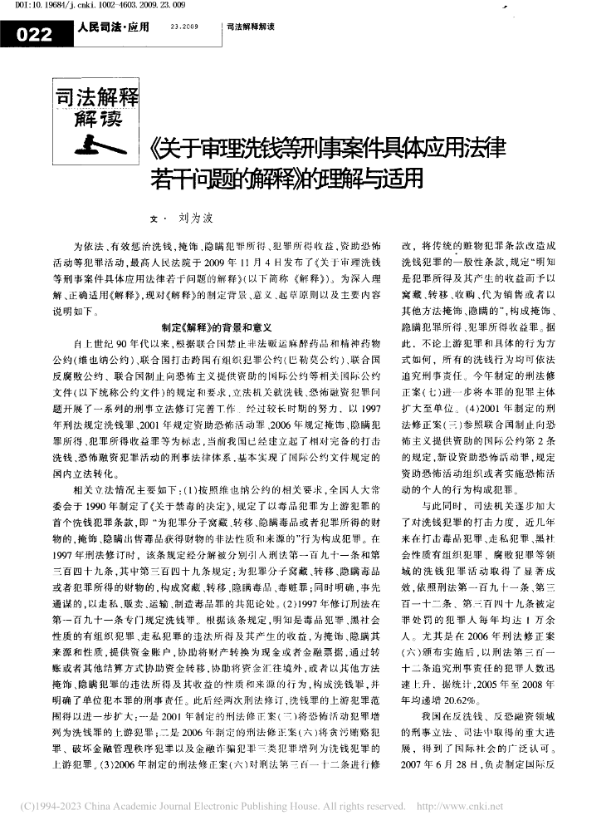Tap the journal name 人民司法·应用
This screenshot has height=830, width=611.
(x=113, y=28)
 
